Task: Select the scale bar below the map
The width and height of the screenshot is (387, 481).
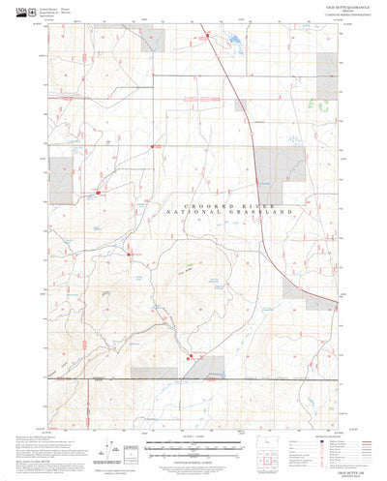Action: (x=193, y=451)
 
